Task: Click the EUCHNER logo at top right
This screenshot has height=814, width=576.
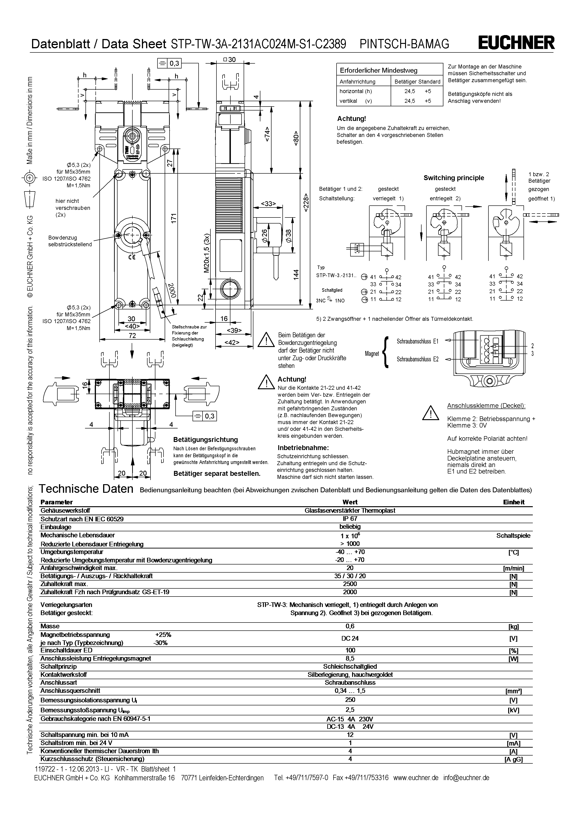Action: coord(516,43)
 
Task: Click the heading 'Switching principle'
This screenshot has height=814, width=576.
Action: coord(454,178)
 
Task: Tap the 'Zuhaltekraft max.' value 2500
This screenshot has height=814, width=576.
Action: coord(350,584)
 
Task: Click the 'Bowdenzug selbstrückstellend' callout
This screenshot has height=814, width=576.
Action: coord(70,241)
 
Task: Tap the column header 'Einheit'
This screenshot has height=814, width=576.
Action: coord(513,502)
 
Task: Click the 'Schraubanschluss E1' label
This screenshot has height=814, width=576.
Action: coord(417,341)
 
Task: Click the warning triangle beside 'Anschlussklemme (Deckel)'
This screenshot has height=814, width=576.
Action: coord(430,413)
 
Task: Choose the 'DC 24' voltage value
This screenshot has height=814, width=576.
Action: coord(350,639)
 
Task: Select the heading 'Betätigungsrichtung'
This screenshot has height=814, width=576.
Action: coord(205,440)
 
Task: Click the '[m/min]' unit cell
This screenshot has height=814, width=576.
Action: coord(513,568)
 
